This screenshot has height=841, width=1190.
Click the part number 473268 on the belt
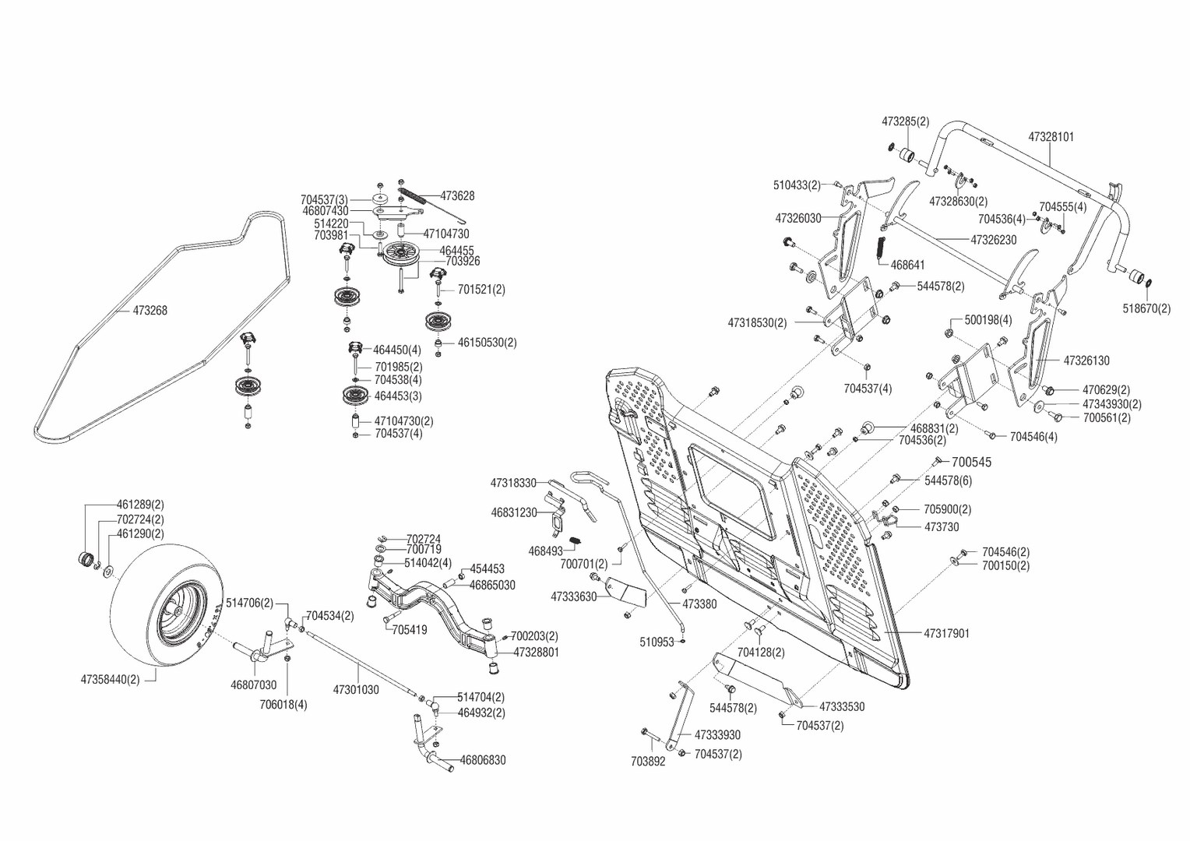pos(150,311)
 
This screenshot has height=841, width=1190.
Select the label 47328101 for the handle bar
pos(1051,137)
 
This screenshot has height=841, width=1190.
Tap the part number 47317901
pos(946,634)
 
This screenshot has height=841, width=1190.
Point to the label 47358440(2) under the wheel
pos(110,680)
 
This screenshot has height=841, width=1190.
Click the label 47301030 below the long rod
pos(356,690)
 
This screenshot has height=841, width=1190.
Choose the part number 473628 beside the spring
pos(457,196)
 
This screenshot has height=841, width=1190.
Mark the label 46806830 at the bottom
pos(482,760)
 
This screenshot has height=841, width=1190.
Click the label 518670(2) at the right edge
pos(1146,308)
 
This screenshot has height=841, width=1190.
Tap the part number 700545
pos(971,463)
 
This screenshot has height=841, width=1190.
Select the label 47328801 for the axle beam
pos(536,653)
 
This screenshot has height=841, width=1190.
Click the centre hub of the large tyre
pos(180,613)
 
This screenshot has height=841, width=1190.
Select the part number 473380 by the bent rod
pos(699,604)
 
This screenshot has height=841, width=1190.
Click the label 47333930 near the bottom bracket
pos(716,735)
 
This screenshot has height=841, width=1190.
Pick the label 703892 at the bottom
pos(648,762)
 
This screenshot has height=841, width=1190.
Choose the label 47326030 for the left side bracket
pos(797,219)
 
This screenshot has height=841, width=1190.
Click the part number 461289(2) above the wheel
pos(140,505)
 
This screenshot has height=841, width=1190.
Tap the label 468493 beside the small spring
pos(545,551)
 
